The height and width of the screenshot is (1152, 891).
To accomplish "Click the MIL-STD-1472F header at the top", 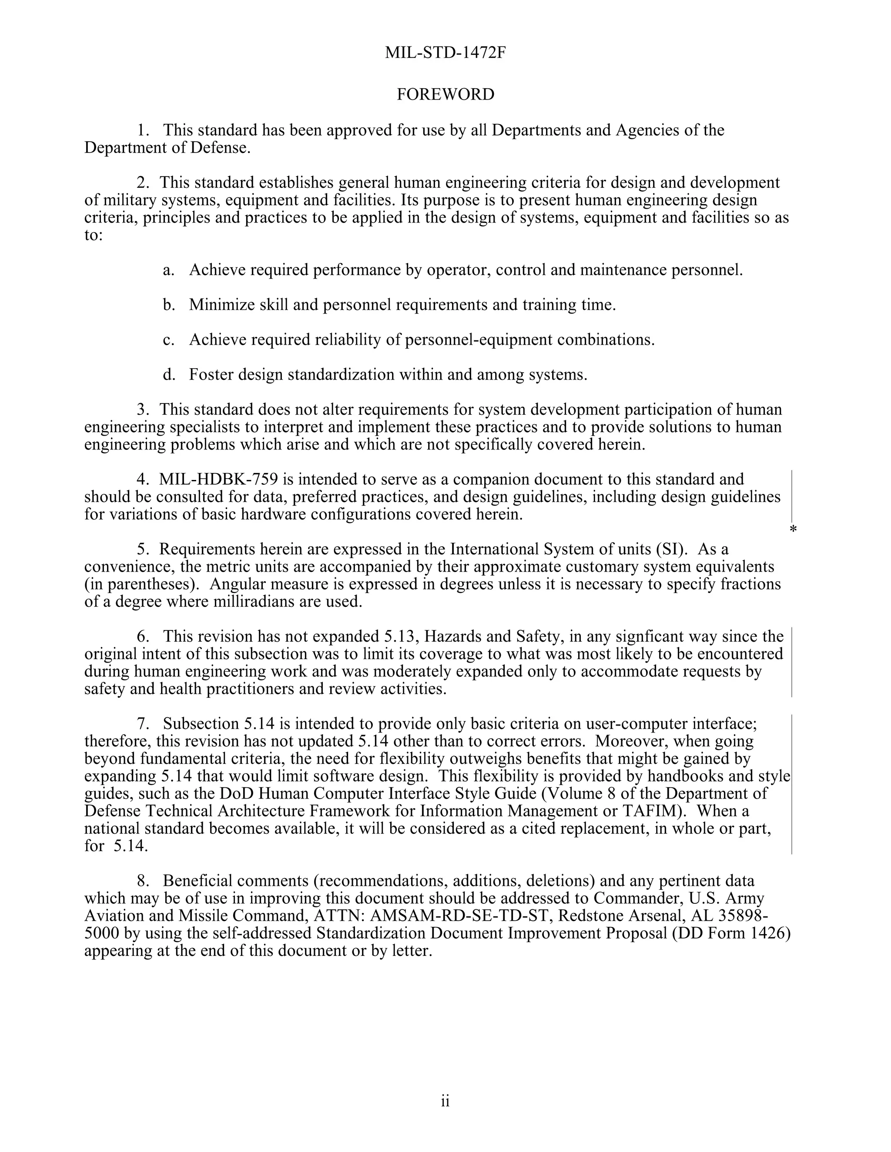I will click(x=445, y=53).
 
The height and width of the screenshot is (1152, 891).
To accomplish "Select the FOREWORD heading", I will click(x=445, y=94).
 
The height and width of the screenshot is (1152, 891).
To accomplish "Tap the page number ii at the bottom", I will click(x=445, y=1102).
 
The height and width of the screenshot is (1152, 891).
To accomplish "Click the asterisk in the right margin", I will click(x=792, y=529).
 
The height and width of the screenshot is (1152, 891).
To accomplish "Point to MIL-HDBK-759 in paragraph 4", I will click(x=218, y=479).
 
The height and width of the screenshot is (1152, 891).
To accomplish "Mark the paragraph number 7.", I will click(x=141, y=724).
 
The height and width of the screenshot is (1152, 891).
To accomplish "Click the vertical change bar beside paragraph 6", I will click(x=792, y=663).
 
